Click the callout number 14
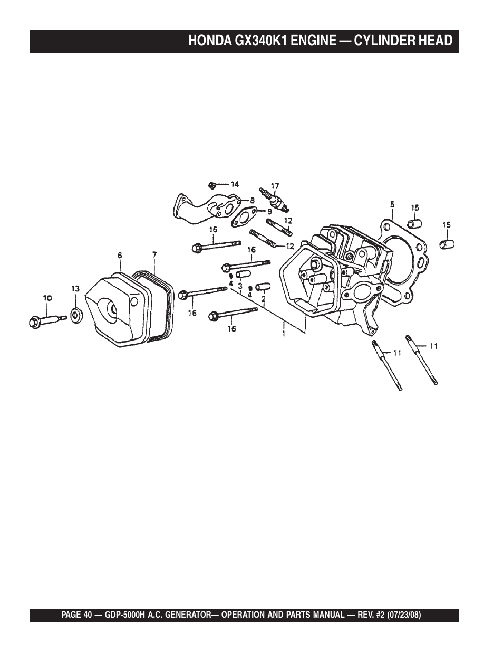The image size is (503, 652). tap(234, 184)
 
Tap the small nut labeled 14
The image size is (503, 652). tap(211, 185)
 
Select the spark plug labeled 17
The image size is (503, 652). tap(274, 199)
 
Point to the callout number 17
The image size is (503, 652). tap(275, 186)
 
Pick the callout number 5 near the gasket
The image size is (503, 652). tap(392, 204)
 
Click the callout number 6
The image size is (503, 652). tap(120, 255)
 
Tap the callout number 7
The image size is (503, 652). tap(154, 255)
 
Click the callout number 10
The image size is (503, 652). tap(47, 298)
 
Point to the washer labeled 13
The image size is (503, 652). tap(76, 316)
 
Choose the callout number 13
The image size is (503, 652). tap(76, 289)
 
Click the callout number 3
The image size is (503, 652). tap(240, 286)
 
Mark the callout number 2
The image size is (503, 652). tap(263, 298)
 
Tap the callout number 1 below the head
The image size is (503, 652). tap(284, 334)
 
